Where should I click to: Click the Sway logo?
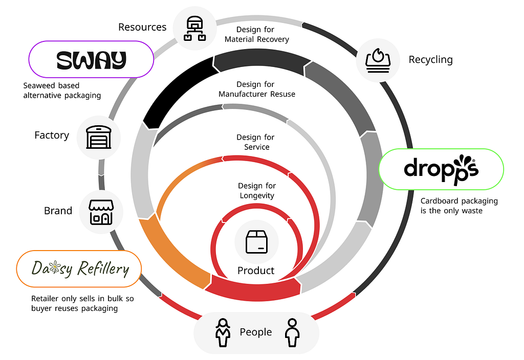click(x=91, y=60)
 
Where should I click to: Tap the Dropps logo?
click(x=441, y=169)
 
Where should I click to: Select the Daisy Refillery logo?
click(x=80, y=269)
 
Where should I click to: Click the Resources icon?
click(x=195, y=29)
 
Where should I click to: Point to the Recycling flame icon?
click(x=378, y=60)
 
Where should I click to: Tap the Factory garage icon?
click(x=99, y=137)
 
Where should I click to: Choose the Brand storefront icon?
click(x=101, y=212)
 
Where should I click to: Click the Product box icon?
click(x=257, y=242)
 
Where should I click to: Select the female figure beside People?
click(x=223, y=332)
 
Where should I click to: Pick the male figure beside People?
click(x=292, y=332)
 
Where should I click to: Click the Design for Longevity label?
click(x=257, y=190)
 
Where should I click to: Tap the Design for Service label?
click(x=256, y=142)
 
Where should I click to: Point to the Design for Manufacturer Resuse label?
click(x=257, y=89)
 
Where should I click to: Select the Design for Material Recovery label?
click(x=256, y=34)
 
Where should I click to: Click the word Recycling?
click(x=431, y=60)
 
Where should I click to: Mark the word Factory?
click(x=52, y=135)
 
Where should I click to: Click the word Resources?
click(x=142, y=27)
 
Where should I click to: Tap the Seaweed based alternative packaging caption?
click(x=62, y=91)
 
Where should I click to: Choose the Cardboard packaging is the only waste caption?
click(x=459, y=206)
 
